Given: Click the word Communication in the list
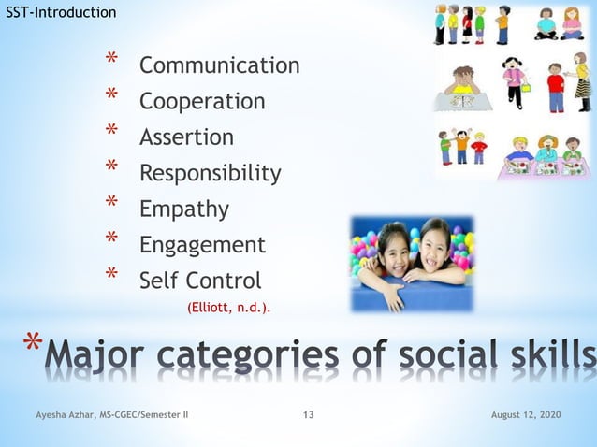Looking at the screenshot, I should [x=219, y=65].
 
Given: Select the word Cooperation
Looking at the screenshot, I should [x=201, y=101].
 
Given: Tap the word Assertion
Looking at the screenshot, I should [x=186, y=137].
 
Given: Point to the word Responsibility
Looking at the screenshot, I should [x=210, y=173].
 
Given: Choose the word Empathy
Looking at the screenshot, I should [x=183, y=209].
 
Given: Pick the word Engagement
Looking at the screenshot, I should [x=202, y=245].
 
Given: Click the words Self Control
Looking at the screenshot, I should [x=200, y=281].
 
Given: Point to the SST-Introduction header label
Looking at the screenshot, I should [x=61, y=12].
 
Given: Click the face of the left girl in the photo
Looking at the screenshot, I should [x=395, y=245].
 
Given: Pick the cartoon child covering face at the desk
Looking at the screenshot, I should [x=463, y=79].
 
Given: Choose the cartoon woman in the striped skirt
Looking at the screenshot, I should [x=582, y=82].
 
